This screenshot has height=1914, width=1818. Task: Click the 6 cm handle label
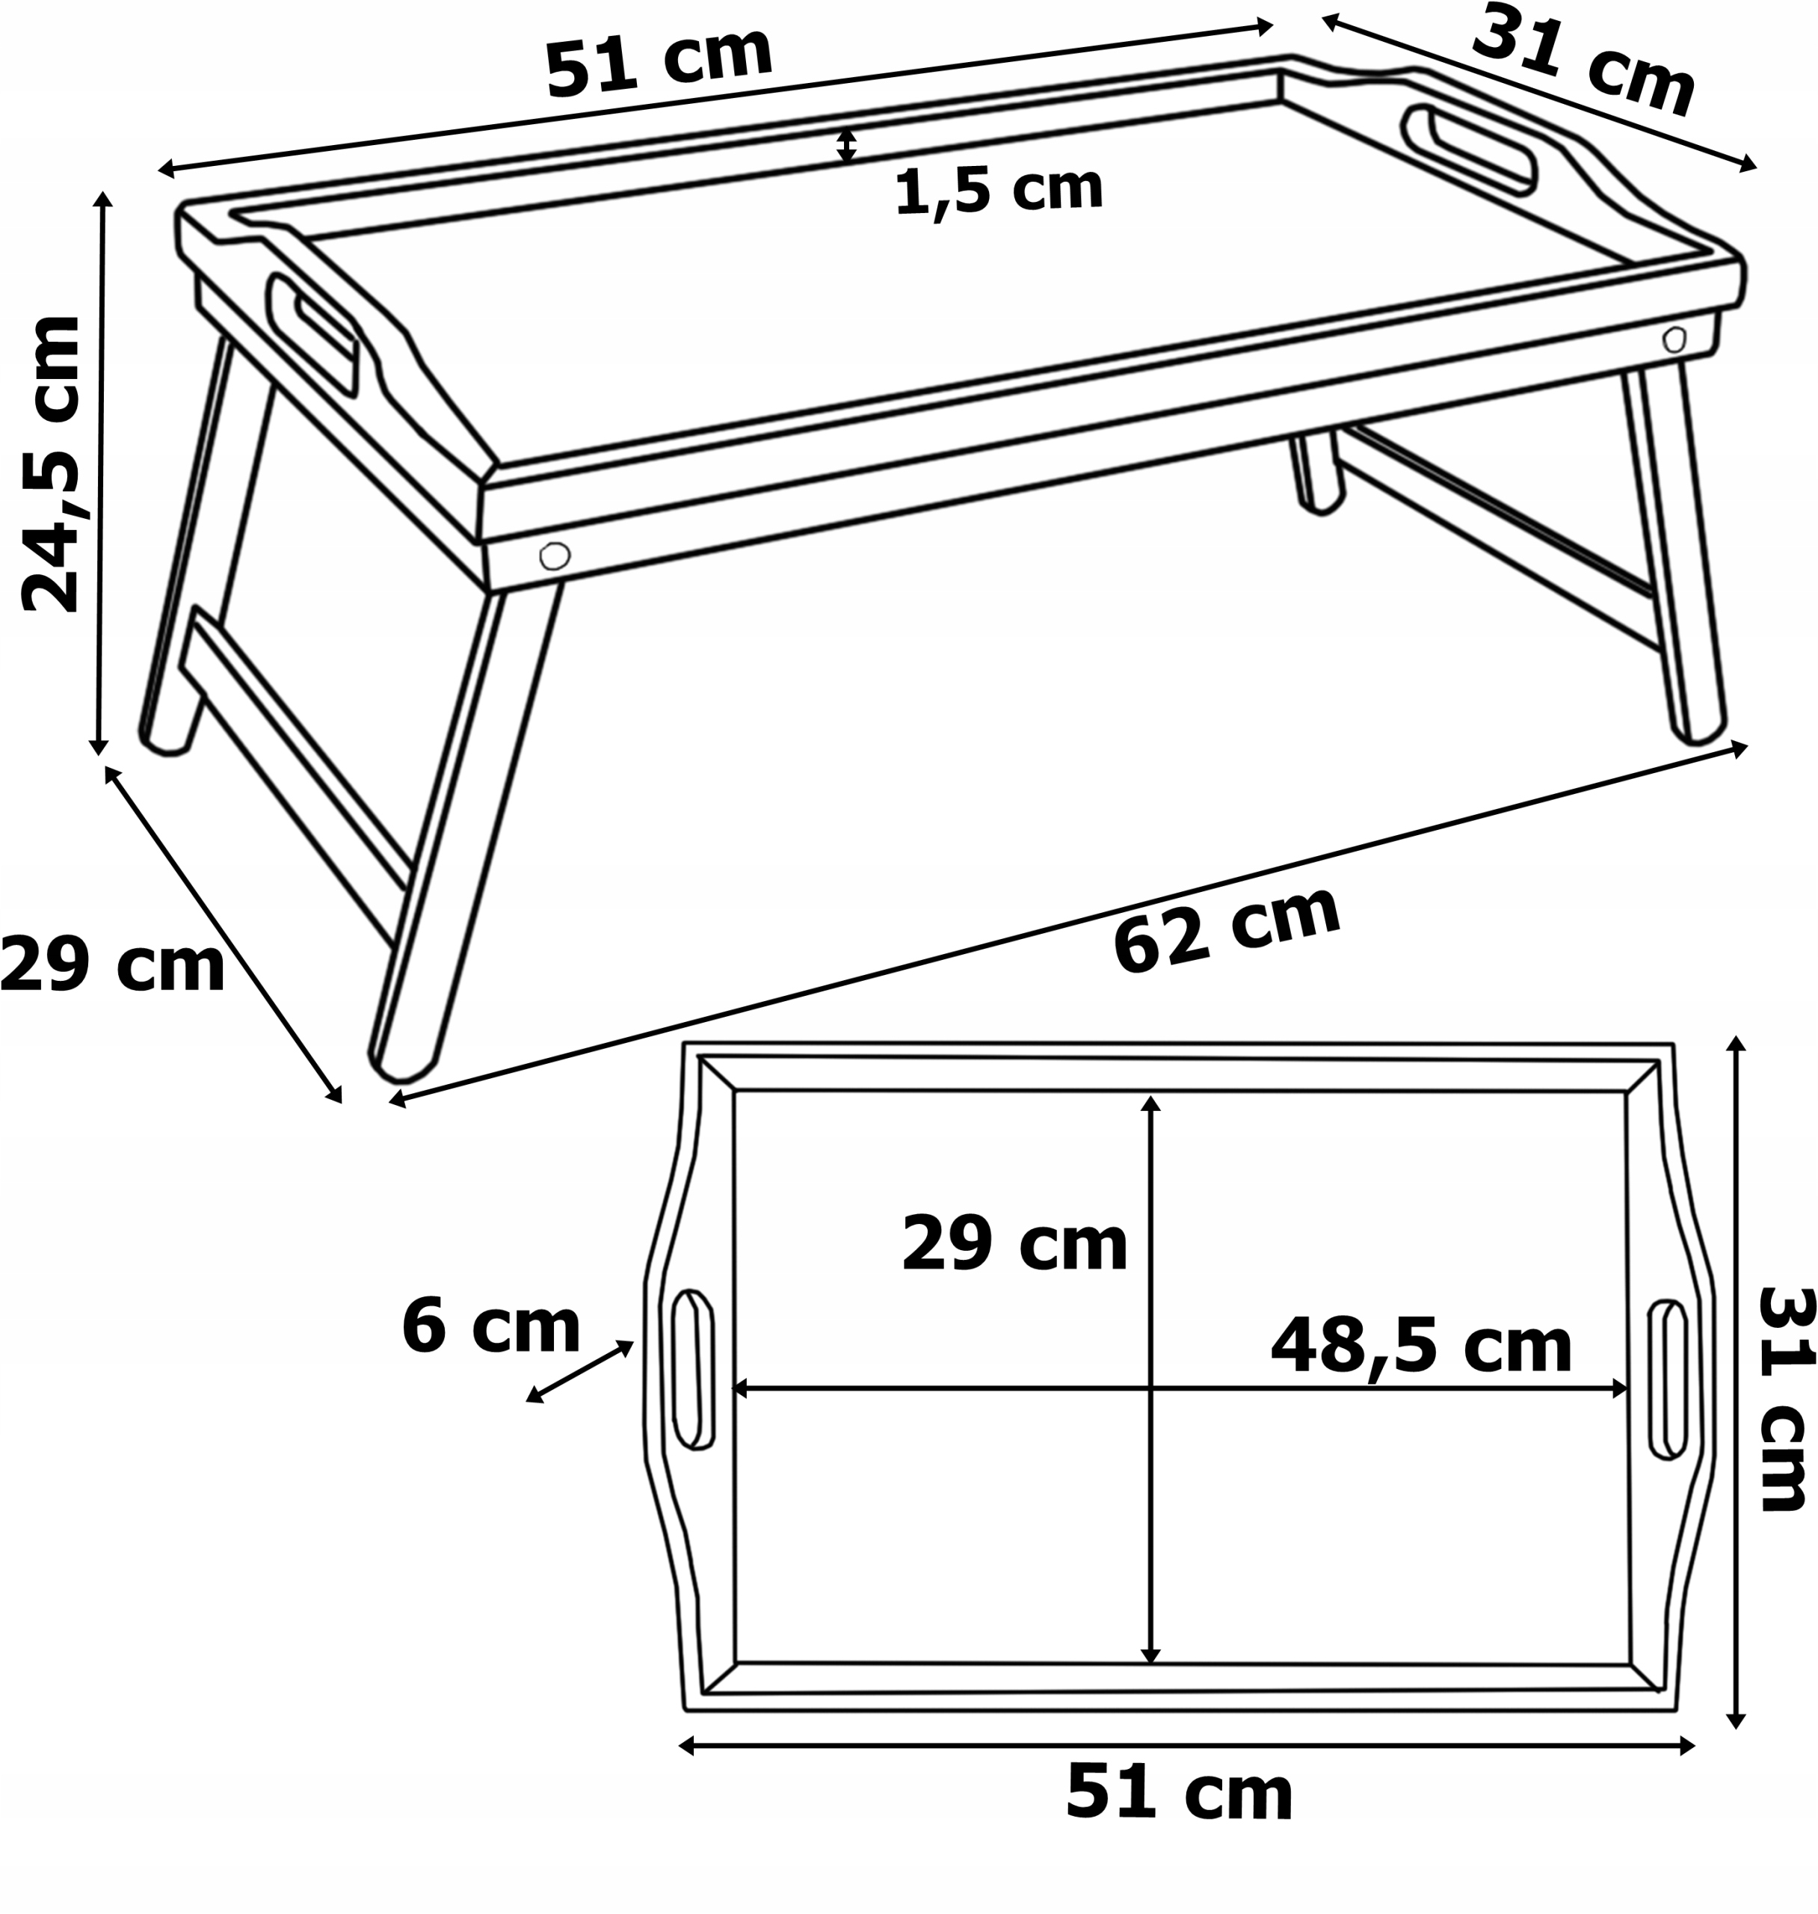(x=490, y=1328)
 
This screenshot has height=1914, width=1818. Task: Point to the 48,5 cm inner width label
(x=1420, y=1346)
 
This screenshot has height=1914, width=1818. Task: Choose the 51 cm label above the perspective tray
(x=659, y=61)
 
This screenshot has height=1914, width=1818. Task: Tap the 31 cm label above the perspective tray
(x=1583, y=61)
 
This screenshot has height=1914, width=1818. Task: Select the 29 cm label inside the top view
(x=1014, y=1244)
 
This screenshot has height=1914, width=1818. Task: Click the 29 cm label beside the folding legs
(x=112, y=965)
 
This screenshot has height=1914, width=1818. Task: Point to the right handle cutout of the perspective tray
(x=1469, y=148)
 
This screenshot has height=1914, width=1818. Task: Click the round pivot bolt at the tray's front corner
(x=555, y=556)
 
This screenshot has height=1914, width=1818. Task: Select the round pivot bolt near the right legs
(x=1674, y=339)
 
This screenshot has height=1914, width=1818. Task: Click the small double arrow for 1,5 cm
(x=846, y=145)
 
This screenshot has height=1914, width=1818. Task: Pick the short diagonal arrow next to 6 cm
(x=579, y=1371)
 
